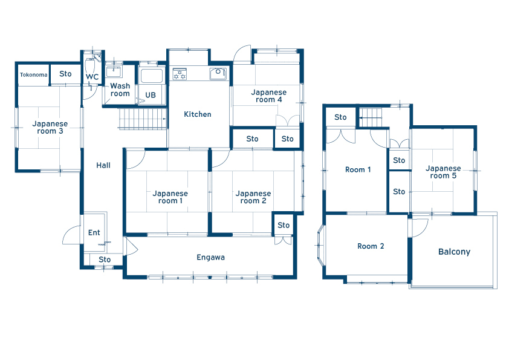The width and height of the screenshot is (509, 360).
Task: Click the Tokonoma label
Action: click(33, 75)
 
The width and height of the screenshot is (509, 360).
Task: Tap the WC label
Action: click(92, 77)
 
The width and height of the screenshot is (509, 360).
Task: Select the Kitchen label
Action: click(197, 114)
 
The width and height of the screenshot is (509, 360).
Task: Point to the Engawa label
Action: click(211, 257)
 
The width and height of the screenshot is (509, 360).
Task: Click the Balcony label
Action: click(454, 252)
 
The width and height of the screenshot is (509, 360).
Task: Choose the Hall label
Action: click(103, 165)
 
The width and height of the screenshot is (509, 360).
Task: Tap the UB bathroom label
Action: click(151, 95)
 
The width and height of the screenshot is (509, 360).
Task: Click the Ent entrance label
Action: click(94, 232)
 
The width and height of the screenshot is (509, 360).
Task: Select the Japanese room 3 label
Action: click(50, 128)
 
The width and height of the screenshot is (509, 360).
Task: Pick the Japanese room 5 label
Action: click(443, 172)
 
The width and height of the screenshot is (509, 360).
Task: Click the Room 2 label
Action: click(371, 246)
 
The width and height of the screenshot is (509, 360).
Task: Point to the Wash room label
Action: click(120, 90)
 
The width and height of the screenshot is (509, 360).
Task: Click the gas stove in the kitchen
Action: click(180, 74)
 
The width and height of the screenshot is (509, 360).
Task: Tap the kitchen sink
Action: click(218, 73)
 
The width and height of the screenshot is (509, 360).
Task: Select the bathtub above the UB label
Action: click(151, 76)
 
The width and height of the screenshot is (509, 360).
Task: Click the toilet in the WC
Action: click(89, 67)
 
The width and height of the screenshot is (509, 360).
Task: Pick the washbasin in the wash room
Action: click(114, 71)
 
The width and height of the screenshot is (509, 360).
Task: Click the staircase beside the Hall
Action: click(143, 119)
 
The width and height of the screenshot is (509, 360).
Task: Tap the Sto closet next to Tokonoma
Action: click(65, 74)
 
